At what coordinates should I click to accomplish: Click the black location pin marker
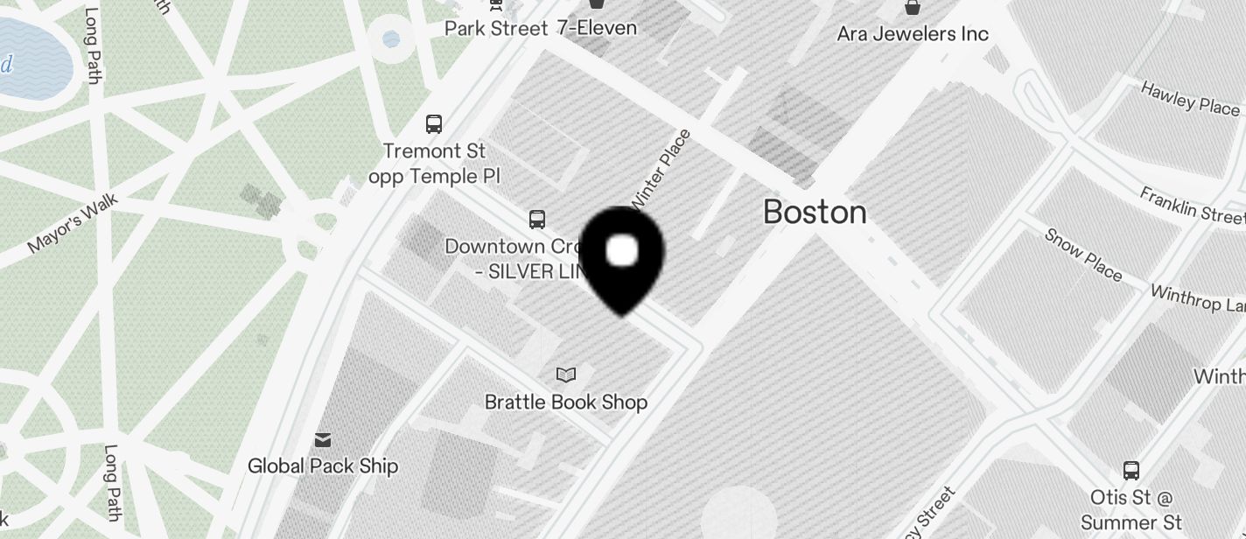point(622,259)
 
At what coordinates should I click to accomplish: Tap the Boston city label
point(815,212)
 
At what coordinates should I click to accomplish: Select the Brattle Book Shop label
point(566,402)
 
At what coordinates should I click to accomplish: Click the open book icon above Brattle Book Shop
point(566,375)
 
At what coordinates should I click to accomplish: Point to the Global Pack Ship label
point(323,465)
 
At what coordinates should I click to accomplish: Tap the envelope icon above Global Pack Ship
point(323,438)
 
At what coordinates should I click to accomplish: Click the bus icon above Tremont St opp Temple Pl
point(434,123)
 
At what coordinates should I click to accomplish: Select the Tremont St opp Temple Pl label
point(434,164)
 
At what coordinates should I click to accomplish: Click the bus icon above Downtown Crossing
point(537,219)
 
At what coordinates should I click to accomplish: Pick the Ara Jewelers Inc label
point(913,34)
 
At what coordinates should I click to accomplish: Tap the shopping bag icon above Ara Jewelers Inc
point(913,8)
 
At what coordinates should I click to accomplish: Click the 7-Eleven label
point(597,28)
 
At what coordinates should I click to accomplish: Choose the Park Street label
point(496,28)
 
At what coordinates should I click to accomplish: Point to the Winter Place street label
point(661,168)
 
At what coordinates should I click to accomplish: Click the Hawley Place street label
point(1190,98)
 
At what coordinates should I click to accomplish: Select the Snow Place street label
point(1083,255)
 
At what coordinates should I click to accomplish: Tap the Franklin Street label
point(1192,205)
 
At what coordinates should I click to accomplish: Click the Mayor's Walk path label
point(72,224)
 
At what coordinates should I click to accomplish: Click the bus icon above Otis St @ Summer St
point(1131,471)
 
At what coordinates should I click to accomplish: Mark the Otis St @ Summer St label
point(1131,510)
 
